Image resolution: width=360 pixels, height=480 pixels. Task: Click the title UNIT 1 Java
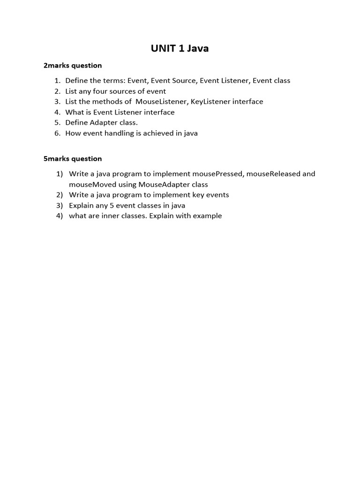180,48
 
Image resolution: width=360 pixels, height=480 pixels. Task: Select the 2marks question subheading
73,66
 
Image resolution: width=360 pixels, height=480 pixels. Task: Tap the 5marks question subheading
73,159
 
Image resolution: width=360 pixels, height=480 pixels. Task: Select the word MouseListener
161,102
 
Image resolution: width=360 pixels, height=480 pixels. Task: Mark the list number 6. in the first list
58,133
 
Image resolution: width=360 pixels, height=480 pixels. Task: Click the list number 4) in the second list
60,216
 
